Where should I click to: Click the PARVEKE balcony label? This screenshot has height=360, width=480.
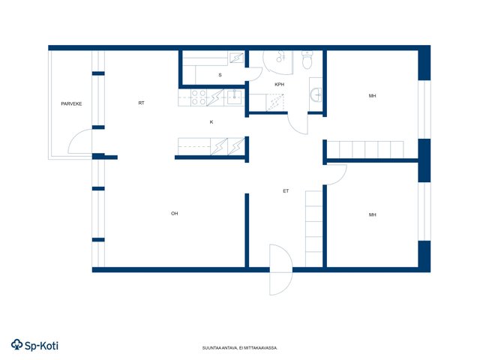click(71, 103)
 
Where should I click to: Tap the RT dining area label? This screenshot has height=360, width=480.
click(141, 103)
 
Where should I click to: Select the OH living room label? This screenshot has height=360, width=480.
click(175, 213)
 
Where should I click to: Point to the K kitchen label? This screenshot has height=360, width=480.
click(211, 121)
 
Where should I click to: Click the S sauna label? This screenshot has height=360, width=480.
click(220, 75)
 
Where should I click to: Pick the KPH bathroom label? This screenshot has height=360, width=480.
click(279, 85)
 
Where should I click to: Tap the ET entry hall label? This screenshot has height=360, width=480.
click(286, 191)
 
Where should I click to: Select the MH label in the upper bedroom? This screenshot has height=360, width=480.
click(372, 96)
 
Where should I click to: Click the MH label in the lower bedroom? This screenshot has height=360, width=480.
click(372, 215)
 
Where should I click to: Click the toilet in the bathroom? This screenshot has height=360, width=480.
click(307, 60)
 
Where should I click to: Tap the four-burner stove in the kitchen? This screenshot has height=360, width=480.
click(198, 97)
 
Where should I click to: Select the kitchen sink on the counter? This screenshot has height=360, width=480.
click(235, 97)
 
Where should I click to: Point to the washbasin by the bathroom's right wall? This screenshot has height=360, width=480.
click(316, 94)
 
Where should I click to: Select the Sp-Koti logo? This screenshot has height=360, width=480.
click(34, 345)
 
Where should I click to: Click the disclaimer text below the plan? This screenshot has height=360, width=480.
click(240, 348)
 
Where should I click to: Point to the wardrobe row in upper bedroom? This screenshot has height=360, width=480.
click(365, 150)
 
